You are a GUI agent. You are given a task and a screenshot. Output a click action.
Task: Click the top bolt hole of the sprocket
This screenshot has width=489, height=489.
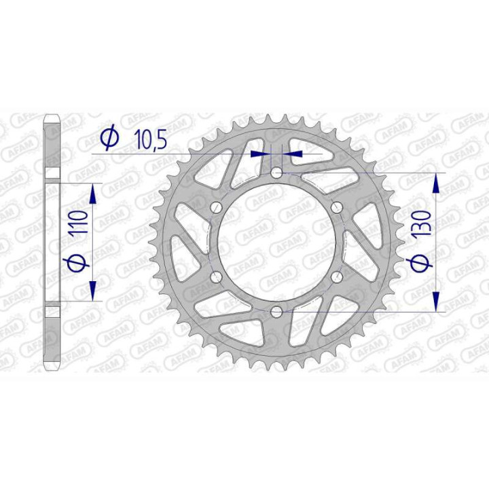click(276, 174)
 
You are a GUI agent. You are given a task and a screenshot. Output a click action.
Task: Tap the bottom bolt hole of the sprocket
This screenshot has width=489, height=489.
click(276, 312)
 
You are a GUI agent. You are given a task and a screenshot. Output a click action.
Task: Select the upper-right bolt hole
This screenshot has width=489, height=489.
click(336, 208)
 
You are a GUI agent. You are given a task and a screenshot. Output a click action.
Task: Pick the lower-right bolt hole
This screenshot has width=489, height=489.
click(336, 277)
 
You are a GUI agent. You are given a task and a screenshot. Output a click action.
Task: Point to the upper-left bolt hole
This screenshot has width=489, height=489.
click(217, 208)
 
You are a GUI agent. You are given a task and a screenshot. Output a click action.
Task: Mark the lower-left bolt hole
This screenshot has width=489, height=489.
click(217, 277)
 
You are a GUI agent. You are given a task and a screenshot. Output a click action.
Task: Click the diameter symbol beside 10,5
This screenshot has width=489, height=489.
click(109, 139)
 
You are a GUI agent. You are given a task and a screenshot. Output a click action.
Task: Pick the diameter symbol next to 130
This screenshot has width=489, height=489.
click(421, 264)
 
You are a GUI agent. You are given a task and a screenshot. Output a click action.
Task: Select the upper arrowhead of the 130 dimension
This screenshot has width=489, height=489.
click(435, 183)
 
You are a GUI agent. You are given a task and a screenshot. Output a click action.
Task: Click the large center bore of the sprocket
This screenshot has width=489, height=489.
click(276, 242)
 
